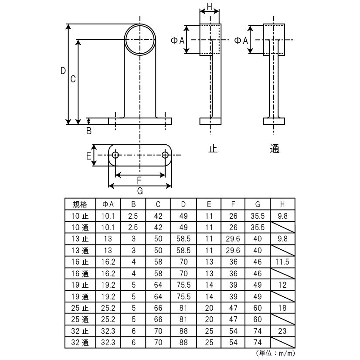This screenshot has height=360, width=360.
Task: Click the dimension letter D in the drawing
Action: [x=63, y=71]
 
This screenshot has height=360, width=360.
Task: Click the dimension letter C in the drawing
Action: [x=73, y=79]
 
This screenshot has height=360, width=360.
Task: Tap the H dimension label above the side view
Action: [x=209, y=7]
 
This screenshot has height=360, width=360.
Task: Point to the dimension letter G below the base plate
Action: [x=140, y=191]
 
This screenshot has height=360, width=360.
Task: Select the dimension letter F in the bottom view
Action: [x=139, y=180]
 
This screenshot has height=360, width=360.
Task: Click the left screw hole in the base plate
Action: [x=115, y=155]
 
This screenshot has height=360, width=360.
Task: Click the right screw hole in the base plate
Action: [x=165, y=155]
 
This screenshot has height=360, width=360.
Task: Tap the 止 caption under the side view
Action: [x=213, y=149]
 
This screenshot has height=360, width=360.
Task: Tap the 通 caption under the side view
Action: [x=275, y=149]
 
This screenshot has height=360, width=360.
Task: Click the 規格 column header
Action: [x=80, y=204]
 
